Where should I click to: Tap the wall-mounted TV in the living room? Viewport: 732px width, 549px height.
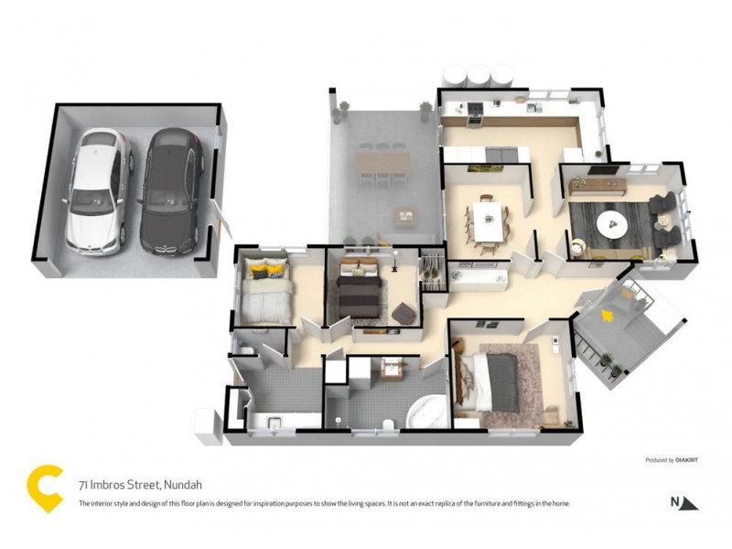click(599, 170)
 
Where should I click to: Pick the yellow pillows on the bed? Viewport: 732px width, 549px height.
click(266, 271)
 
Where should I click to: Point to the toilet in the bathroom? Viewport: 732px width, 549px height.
click(388, 422)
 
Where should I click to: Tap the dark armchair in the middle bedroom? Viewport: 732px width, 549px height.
click(404, 314)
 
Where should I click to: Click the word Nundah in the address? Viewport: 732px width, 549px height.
click(182, 485)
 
